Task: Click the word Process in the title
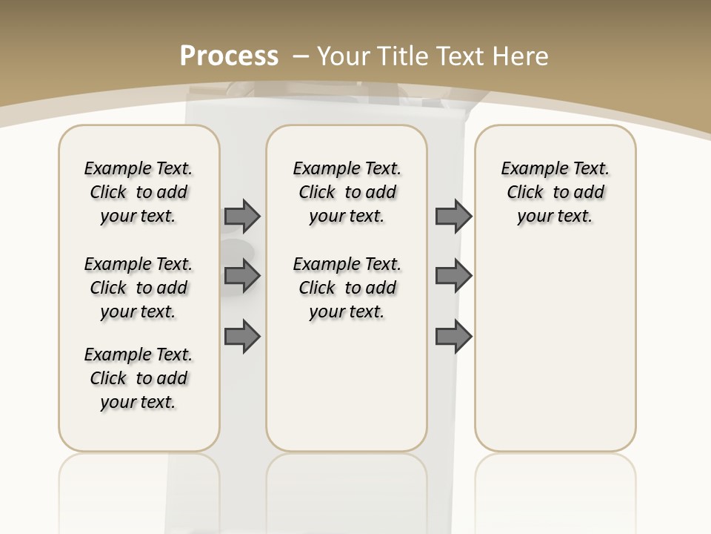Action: point(229,56)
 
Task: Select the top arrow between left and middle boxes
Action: point(242,216)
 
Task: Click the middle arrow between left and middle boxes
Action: point(242,277)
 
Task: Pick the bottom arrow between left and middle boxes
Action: point(242,337)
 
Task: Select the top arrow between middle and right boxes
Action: point(453,216)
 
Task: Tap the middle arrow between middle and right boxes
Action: point(453,277)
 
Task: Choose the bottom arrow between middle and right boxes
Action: point(453,337)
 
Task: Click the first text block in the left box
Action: point(138,192)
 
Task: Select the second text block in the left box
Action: point(138,288)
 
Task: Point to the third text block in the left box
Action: point(138,378)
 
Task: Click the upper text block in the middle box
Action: point(347,192)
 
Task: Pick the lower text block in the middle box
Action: point(347,288)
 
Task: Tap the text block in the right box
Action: point(555,192)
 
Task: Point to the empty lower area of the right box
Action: point(555,349)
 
